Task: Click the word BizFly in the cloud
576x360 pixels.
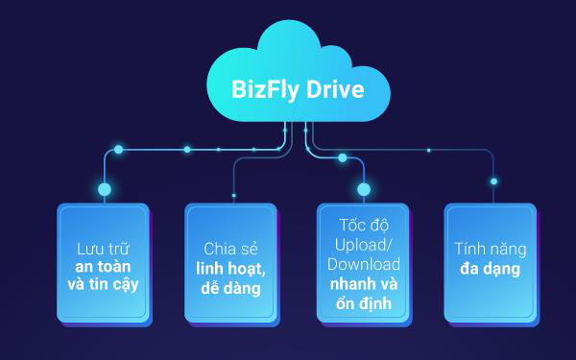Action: pyautogui.click(x=265, y=89)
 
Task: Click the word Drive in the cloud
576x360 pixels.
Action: pyautogui.click(x=335, y=89)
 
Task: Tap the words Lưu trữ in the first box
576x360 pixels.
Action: pyautogui.click(x=103, y=249)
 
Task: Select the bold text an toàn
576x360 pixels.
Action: pyautogui.click(x=103, y=266)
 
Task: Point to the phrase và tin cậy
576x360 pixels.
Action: pyautogui.click(x=103, y=284)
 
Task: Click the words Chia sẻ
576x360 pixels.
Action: pyautogui.click(x=230, y=249)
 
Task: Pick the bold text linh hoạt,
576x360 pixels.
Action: pyautogui.click(x=230, y=269)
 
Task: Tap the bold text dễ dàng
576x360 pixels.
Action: pyautogui.click(x=230, y=288)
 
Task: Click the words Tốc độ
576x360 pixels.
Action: pyautogui.click(x=364, y=225)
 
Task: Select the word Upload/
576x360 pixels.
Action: pyautogui.click(x=363, y=245)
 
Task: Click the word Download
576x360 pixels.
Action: pyautogui.click(x=364, y=264)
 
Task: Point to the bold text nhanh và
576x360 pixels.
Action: pyautogui.click(x=364, y=284)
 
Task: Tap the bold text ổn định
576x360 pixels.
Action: pyautogui.click(x=364, y=303)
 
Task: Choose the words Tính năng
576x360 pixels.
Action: pyautogui.click(x=490, y=250)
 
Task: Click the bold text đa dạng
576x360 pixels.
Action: pyautogui.click(x=490, y=269)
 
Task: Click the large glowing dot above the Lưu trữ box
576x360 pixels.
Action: pyautogui.click(x=105, y=189)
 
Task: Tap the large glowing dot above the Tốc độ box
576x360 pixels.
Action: pyautogui.click(x=364, y=189)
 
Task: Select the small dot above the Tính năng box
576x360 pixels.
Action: pyautogui.click(x=493, y=181)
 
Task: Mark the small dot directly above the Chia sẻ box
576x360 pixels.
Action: pyautogui.click(x=233, y=196)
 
